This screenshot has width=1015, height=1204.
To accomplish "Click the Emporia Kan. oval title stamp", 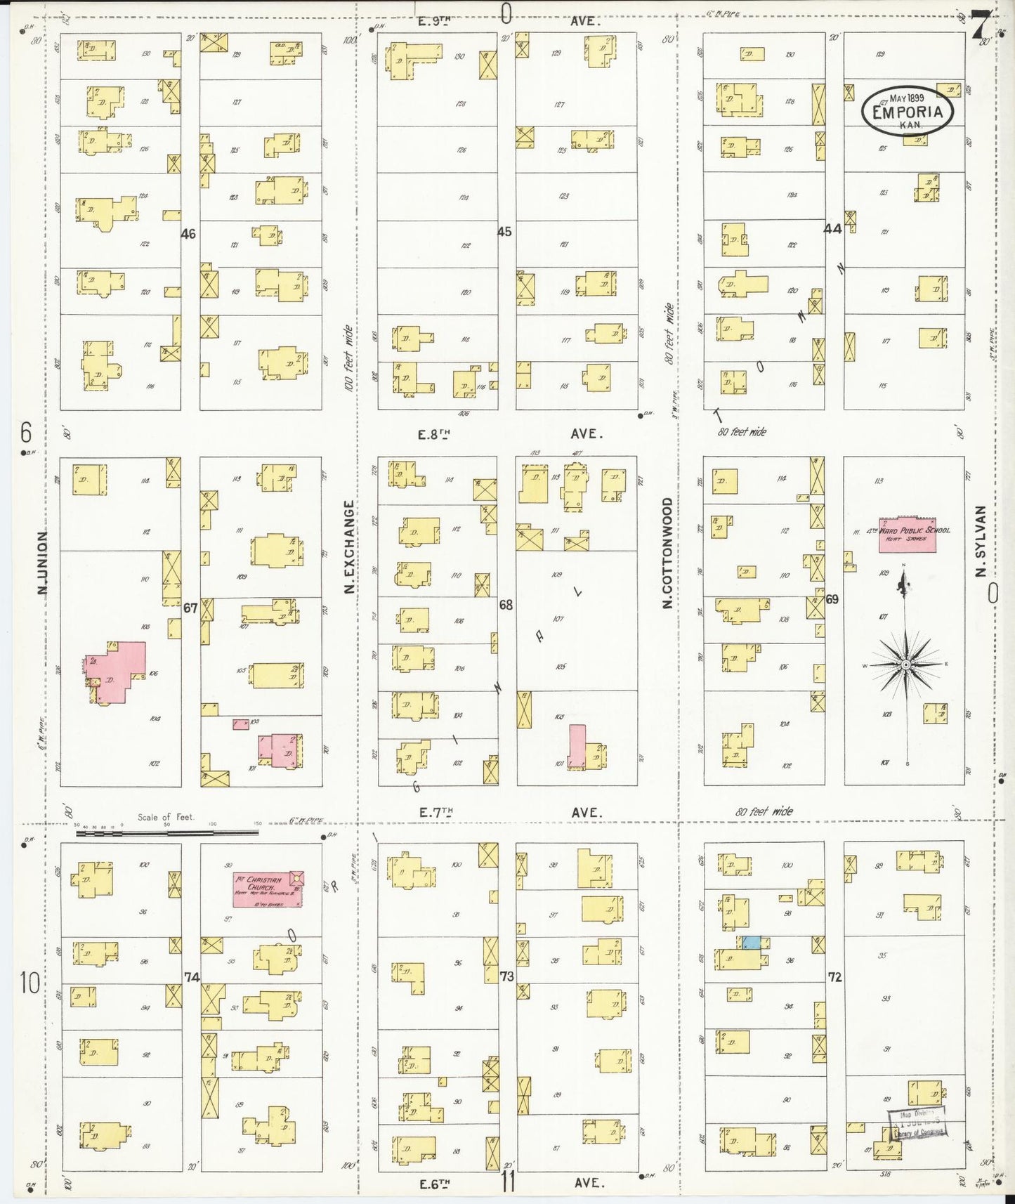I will (907, 112).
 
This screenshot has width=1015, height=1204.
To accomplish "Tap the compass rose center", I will (906, 664).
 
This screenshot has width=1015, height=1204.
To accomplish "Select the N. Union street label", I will (43, 563).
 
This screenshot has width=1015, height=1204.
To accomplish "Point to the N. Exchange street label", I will (349, 547).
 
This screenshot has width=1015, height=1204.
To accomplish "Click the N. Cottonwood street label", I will (667, 552).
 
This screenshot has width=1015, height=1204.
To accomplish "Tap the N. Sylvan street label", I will (981, 541).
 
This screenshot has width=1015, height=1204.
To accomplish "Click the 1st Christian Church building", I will (268, 889).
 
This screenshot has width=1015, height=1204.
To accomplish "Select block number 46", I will (188, 233).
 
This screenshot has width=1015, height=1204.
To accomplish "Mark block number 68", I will (506, 603).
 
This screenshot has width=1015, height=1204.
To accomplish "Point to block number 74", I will (192, 977).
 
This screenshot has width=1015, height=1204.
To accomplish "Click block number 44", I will (832, 228).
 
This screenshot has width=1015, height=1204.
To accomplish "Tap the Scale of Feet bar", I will (167, 832).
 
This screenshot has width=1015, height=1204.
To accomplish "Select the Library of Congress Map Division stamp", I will (919, 1122).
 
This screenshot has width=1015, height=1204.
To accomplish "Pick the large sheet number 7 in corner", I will (981, 25).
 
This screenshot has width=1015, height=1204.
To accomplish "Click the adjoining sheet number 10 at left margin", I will (30, 982).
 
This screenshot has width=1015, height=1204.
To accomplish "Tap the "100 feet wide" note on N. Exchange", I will (348, 358).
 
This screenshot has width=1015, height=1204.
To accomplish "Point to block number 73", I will (507, 976).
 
